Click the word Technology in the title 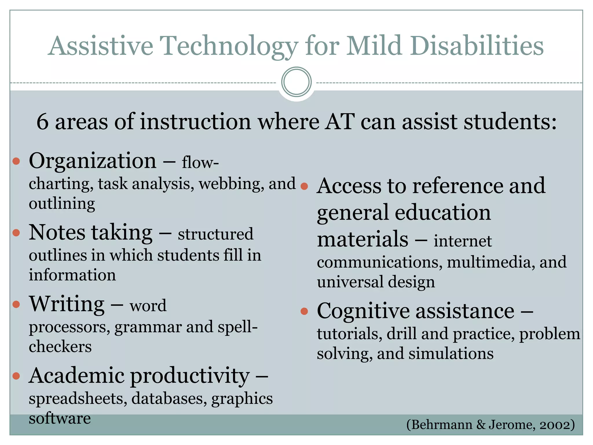pos(229,46)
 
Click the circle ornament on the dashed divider pos(296,82)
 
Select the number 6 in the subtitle pos(42,122)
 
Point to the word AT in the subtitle pos(339,122)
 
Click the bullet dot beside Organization pos(17,161)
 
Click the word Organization pos(93,161)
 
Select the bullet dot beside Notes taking pos(17,233)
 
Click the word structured pos(215,234)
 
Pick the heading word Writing pos(67,304)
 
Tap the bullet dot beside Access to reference pos(304,186)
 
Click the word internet pos(462,241)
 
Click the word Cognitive pos(363,311)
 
